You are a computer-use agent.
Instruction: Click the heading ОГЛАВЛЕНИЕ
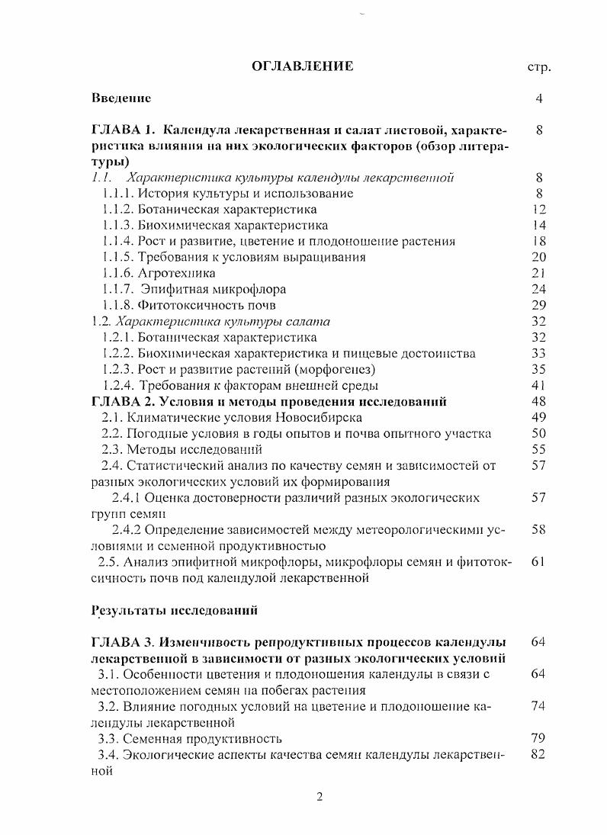[303, 66]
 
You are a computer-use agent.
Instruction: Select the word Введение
[121, 98]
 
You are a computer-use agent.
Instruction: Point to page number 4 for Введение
[538, 98]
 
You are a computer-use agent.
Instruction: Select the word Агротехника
[177, 273]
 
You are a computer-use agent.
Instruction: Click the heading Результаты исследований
[175, 610]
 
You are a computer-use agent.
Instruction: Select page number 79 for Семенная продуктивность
[538, 738]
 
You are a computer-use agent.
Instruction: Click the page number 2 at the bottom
[320, 798]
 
